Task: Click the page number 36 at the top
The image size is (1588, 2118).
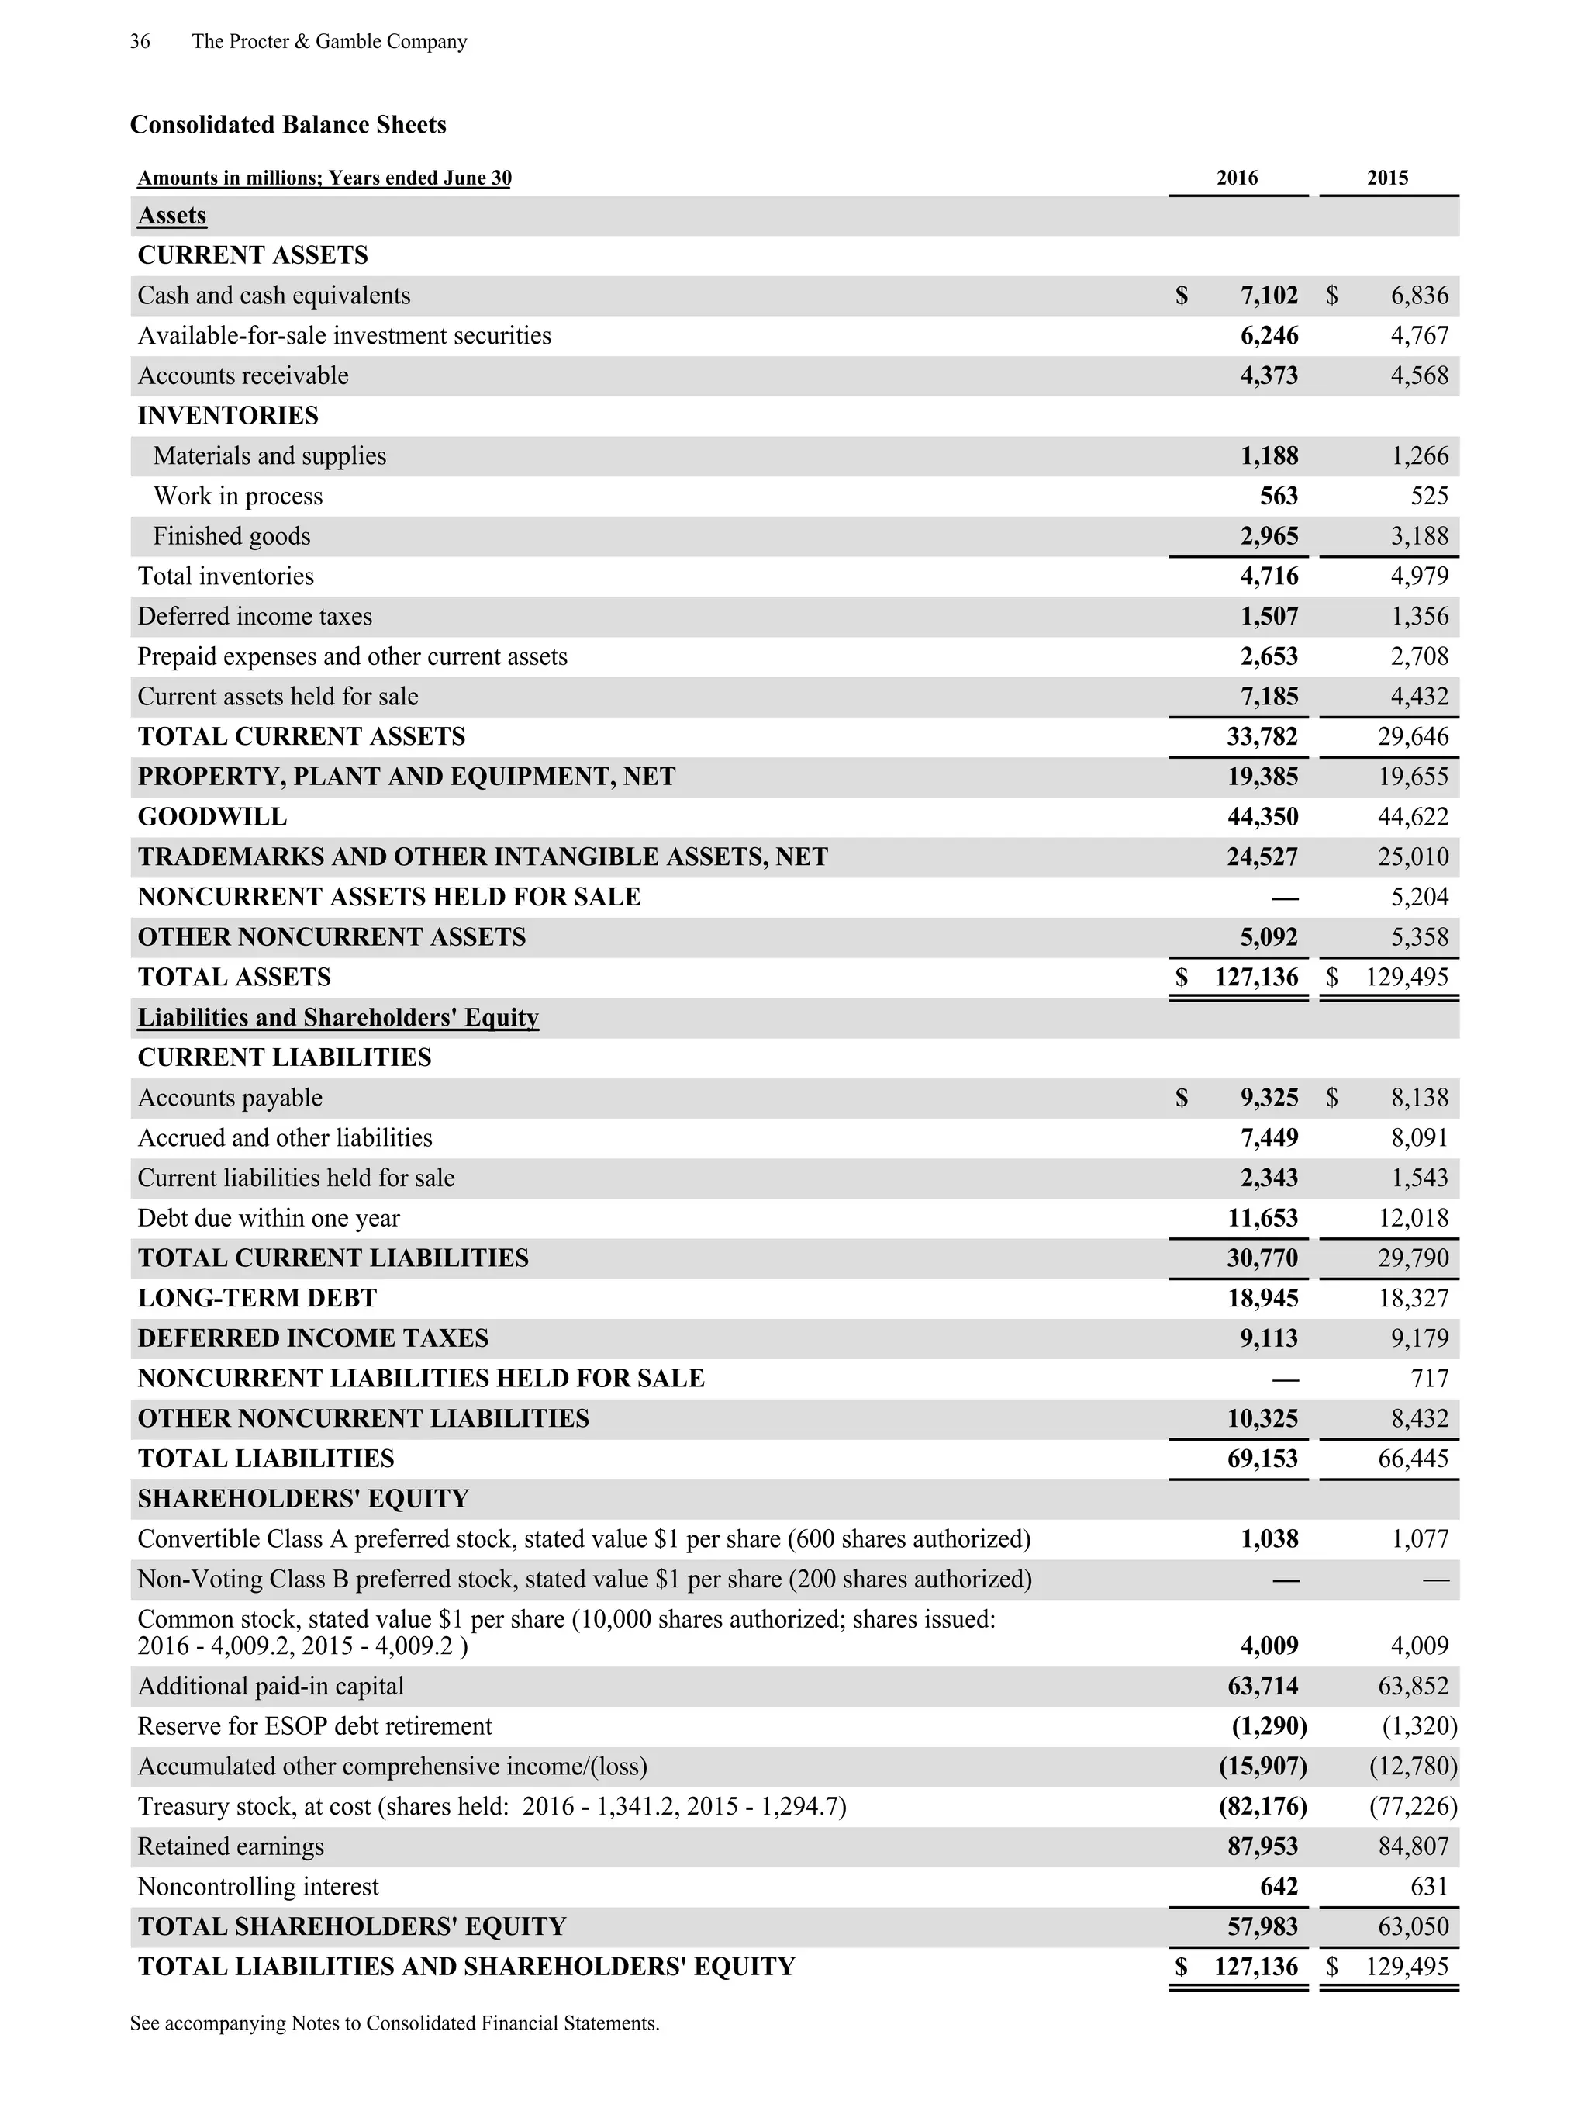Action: coord(140,41)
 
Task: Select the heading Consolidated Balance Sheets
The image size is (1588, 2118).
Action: coord(288,124)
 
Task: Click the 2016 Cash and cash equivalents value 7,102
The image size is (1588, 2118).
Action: coord(1269,295)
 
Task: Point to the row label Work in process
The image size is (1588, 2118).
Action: coord(237,496)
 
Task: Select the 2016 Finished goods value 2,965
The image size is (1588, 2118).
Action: coord(1269,536)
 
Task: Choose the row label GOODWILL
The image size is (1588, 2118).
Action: coord(212,817)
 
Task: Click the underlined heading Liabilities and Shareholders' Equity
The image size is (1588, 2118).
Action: coord(338,1017)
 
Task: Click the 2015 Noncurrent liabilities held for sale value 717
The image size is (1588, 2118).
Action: coord(1429,1379)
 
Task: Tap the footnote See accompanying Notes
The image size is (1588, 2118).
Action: coord(395,2023)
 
